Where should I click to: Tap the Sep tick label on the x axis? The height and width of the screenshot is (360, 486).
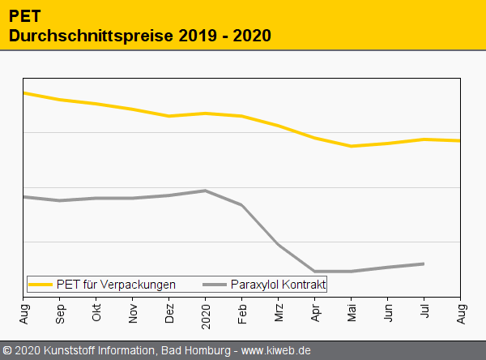(x=60, y=313)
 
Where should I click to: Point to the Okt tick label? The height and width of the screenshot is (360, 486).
(x=96, y=313)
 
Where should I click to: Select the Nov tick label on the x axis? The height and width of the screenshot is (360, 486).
(x=133, y=313)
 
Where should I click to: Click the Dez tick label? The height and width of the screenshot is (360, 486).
(x=169, y=313)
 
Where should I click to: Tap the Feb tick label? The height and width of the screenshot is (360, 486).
(x=242, y=313)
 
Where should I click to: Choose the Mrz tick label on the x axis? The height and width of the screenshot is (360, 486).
(x=279, y=313)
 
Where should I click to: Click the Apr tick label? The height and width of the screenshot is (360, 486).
(x=315, y=313)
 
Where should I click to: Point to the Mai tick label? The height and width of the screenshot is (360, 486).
(x=352, y=313)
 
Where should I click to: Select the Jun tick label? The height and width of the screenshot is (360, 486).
(x=388, y=313)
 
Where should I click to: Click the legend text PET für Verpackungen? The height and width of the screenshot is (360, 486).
(x=116, y=285)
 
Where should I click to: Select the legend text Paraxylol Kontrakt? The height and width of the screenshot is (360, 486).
(x=278, y=285)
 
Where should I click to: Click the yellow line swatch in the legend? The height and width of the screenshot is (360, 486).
(x=40, y=285)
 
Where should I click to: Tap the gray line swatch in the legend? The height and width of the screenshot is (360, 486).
(x=215, y=285)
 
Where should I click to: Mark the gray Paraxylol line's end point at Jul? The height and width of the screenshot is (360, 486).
(x=424, y=264)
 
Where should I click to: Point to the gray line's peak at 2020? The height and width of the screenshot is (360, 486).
(x=206, y=191)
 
